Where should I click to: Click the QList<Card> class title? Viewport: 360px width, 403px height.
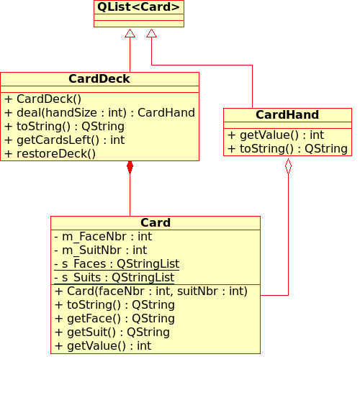click(x=138, y=7)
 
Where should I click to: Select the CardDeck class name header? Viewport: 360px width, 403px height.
click(x=99, y=79)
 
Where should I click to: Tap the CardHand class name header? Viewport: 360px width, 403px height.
click(x=287, y=115)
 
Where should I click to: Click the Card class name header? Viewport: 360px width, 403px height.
click(x=155, y=223)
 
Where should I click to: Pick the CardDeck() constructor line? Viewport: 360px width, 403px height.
click(x=43, y=99)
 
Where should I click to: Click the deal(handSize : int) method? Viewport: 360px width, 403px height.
click(x=99, y=113)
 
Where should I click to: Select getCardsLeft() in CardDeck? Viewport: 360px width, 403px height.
click(x=65, y=140)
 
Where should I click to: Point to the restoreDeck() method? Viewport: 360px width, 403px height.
click(x=50, y=154)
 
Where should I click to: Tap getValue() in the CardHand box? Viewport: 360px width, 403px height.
click(x=276, y=135)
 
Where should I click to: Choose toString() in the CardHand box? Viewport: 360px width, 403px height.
click(x=287, y=149)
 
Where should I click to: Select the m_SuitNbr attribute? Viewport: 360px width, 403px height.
click(x=101, y=250)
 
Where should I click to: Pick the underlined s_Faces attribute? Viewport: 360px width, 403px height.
click(x=117, y=264)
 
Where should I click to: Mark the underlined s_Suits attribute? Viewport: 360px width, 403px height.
click(x=114, y=278)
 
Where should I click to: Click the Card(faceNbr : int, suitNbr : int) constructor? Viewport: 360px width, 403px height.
click(x=151, y=291)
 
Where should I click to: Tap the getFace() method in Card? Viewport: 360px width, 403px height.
click(x=114, y=319)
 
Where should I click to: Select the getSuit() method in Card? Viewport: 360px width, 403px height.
click(x=112, y=332)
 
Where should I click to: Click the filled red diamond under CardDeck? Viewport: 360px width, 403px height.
click(x=130, y=167)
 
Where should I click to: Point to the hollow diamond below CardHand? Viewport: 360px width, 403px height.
click(x=288, y=166)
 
